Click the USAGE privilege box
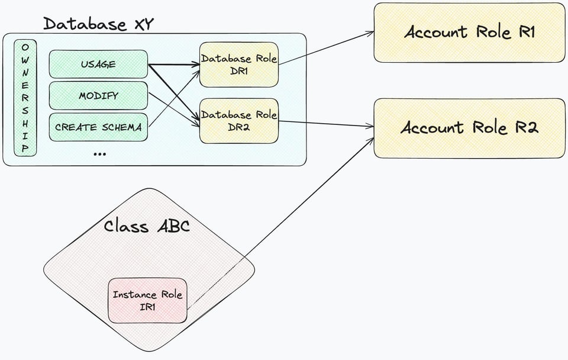(98, 64)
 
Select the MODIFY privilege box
(98, 96)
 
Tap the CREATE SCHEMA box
(98, 127)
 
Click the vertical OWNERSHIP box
(25, 98)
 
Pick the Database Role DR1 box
(238, 65)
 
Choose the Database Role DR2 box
(238, 121)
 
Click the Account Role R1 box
(469, 33)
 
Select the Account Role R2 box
(469, 128)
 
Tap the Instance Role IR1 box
(147, 301)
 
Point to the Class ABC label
(147, 226)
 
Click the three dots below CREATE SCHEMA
(99, 155)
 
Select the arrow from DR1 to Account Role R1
(327, 48)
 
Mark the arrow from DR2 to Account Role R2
(327, 124)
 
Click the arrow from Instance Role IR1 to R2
(280, 223)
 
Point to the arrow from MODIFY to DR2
(174, 110)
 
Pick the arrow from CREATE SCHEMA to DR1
(174, 98)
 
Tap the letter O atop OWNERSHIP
(25, 47)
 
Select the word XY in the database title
(144, 24)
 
